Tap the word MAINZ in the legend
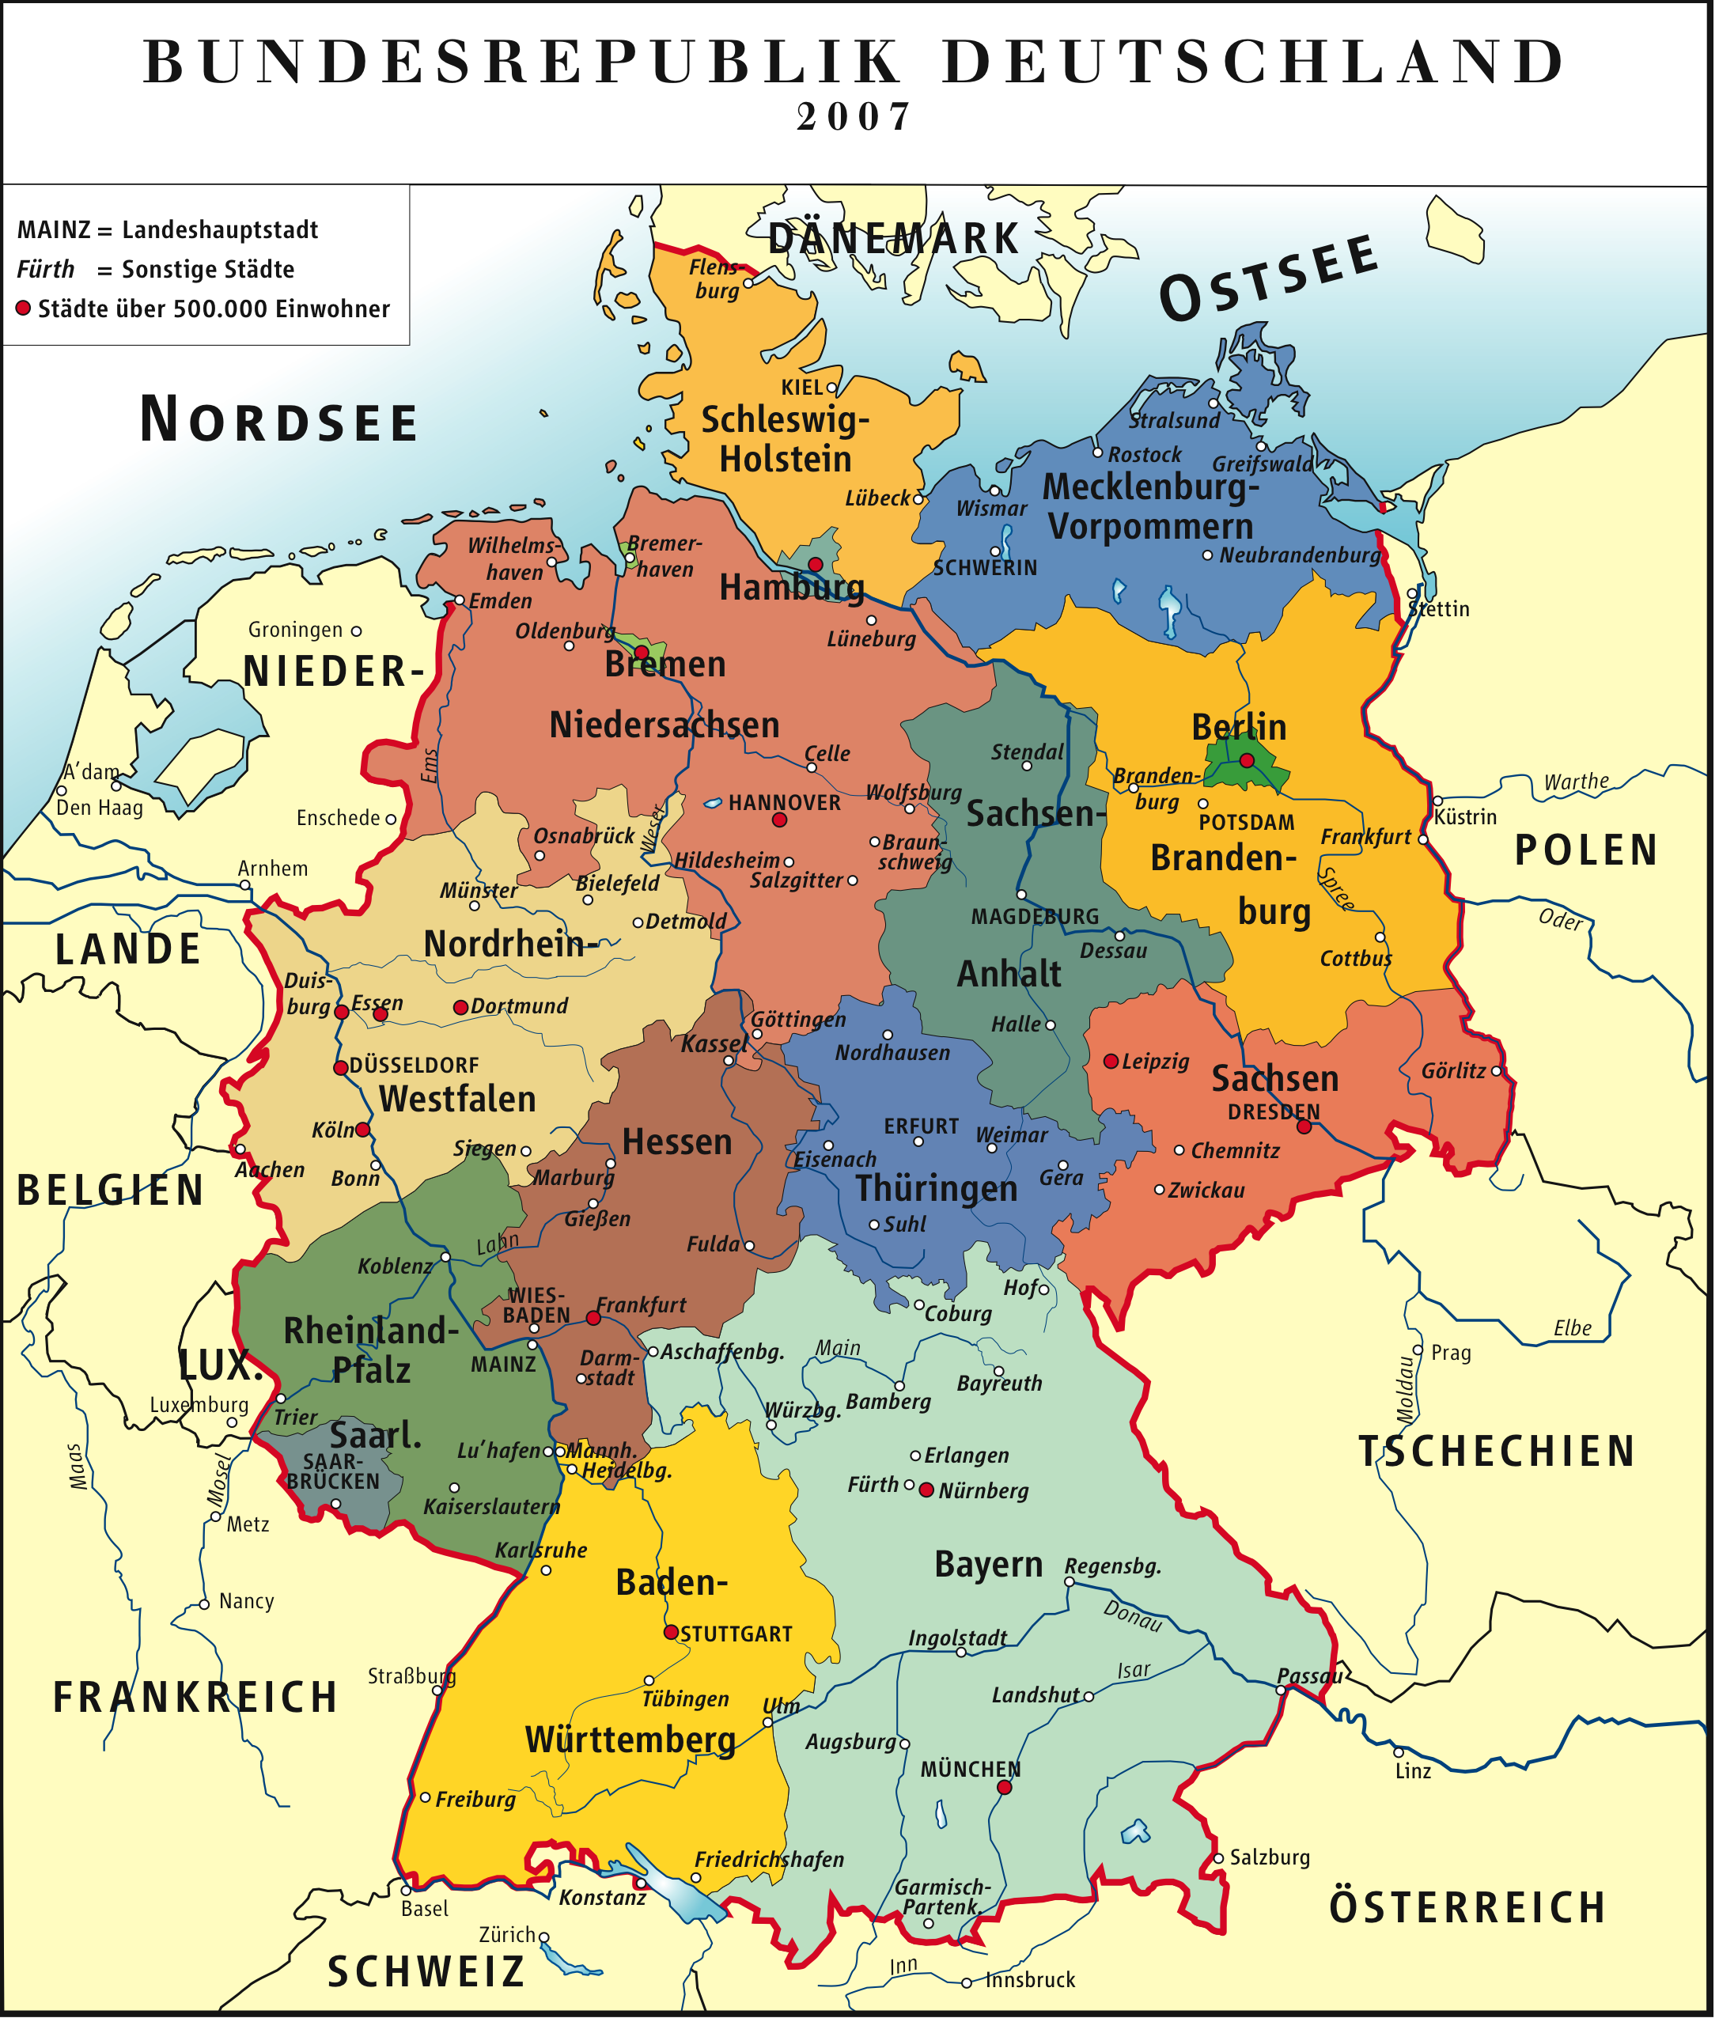(54, 230)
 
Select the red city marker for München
(1004, 1787)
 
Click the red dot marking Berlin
(1247, 759)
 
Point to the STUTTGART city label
(736, 1634)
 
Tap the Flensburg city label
(716, 278)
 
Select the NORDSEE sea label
(278, 421)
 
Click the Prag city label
(1450, 1353)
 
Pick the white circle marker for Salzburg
(1218, 1858)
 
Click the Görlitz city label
(1453, 1071)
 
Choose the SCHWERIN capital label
(985, 568)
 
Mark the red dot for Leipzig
(1111, 1061)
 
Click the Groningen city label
(295, 630)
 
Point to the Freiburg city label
(475, 1799)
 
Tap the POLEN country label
(1585, 850)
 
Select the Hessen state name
(677, 1142)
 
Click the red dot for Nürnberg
(926, 1489)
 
